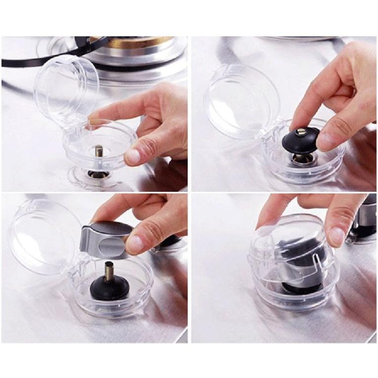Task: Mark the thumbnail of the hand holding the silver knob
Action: (134, 243)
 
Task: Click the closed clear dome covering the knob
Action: (289, 257)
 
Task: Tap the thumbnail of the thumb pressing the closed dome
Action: (337, 236)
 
